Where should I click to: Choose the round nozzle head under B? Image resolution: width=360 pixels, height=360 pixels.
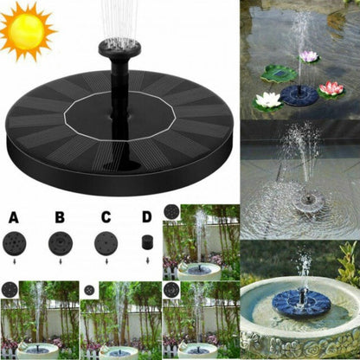(x=61, y=241)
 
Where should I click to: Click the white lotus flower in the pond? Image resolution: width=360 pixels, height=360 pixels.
(x=268, y=100)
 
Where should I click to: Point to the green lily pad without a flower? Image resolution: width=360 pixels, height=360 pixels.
(x=279, y=73)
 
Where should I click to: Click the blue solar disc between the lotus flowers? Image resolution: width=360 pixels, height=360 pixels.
(x=299, y=93)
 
